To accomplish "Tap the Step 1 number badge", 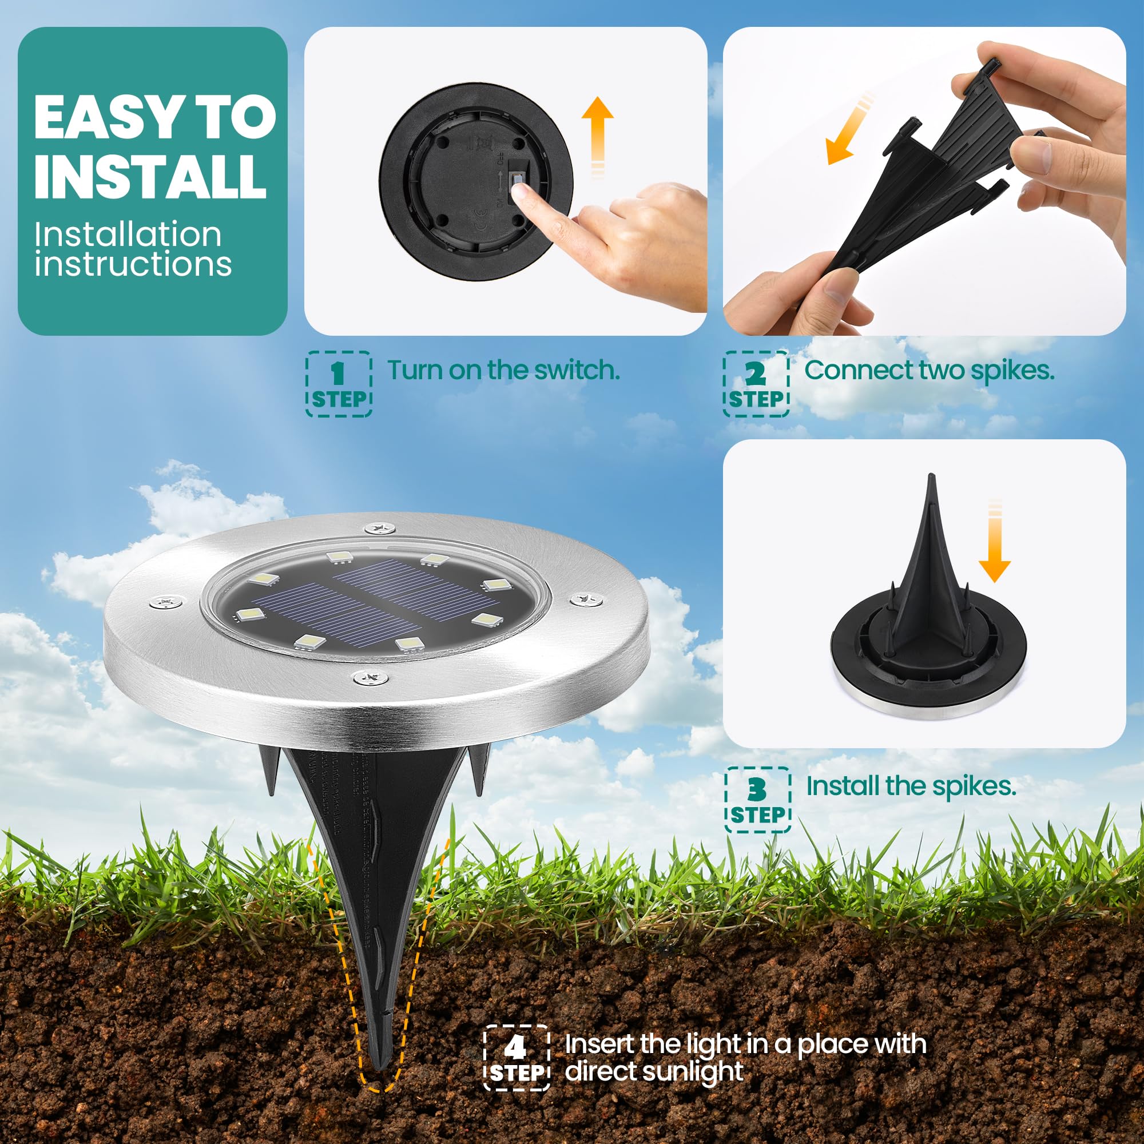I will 338,384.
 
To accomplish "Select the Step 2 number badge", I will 756,384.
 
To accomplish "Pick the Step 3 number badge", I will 757,800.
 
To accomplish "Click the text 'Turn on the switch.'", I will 503,370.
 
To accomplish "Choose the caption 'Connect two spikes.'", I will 929,370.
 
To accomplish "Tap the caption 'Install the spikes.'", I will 911,786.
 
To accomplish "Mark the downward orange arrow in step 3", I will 995,551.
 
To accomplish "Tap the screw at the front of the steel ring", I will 371,676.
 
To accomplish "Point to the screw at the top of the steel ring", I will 378,526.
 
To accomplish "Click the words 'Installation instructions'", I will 132,249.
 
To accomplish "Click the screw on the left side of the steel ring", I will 166,602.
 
